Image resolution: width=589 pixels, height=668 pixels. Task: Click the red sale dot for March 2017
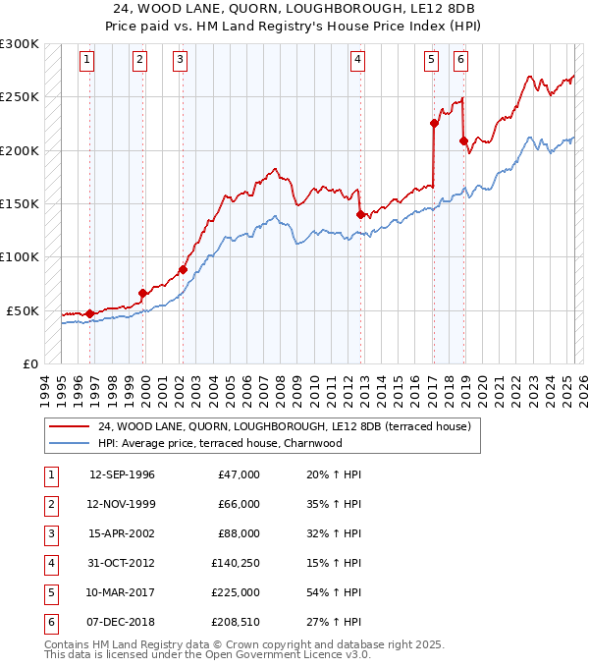[433, 123]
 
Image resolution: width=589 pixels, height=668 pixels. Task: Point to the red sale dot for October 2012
[360, 213]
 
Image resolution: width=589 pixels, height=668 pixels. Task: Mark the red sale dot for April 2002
[183, 269]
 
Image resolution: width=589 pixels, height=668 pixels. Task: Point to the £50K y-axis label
[23, 310]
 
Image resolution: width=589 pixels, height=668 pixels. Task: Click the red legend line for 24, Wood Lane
[69, 426]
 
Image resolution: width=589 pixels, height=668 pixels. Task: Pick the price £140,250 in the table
[236, 563]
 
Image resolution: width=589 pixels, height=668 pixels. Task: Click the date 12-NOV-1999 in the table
[122, 504]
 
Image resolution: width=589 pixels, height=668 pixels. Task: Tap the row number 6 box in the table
[49, 622]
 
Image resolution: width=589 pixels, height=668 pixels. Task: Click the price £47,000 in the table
[240, 474]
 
